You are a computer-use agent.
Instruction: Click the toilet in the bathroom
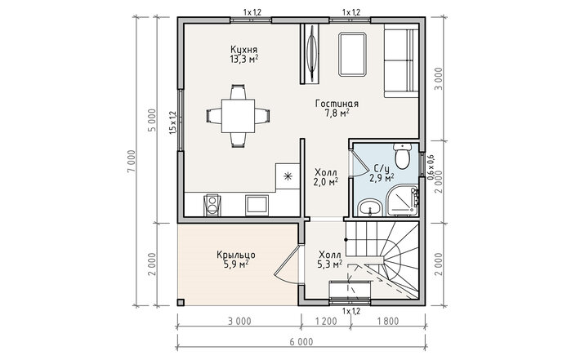pos(402,157)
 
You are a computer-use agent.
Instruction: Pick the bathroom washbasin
pos(370,207)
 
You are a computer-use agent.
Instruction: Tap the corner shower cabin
pos(403,201)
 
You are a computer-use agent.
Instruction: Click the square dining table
pos(238,116)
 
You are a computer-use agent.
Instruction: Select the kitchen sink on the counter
pos(257,205)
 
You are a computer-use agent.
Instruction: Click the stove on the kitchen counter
pos(212,205)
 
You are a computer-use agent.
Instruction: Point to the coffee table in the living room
pos(353,55)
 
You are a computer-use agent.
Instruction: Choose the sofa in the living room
pos(401,61)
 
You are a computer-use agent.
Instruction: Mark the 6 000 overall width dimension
pos(301,342)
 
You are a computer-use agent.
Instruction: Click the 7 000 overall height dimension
pos(132,162)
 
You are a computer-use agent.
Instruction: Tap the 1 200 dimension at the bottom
pos(326,322)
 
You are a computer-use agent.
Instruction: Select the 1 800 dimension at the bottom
pos(387,322)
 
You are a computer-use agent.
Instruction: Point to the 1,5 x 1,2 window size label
pos(173,122)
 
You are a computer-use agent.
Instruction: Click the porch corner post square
pos(181,302)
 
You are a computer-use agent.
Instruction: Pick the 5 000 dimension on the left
pos(153,120)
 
